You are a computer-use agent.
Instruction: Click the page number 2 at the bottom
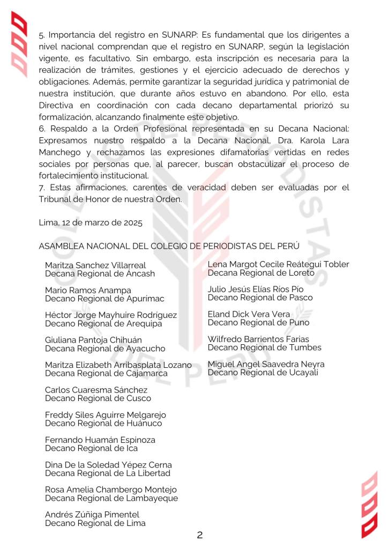coord(199,535)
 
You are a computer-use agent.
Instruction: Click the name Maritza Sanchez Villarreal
coord(95,265)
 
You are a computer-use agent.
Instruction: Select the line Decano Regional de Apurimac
coord(105,299)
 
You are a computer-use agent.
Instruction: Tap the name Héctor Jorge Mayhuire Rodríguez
coord(110,315)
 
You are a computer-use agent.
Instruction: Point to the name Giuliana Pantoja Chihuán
coord(93,340)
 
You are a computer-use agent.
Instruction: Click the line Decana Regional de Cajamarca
coord(106,373)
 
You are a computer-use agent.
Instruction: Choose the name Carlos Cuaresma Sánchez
coord(96,390)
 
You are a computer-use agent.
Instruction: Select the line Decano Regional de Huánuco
coord(103,423)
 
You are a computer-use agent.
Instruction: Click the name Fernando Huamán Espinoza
coord(100,440)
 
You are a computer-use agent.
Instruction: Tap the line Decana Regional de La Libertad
coord(107,473)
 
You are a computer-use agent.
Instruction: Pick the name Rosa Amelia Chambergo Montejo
coord(110,489)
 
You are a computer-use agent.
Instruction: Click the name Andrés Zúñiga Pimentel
coord(92,515)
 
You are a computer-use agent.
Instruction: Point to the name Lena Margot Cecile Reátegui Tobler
coord(278,264)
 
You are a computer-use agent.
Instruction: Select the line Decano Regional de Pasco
coord(260,298)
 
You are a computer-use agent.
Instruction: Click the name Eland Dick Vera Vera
coord(249,314)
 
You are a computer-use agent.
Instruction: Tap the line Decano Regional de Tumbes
coord(264,347)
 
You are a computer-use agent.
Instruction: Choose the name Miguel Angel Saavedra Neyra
coord(266,364)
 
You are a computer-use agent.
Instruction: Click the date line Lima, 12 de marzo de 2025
coord(91,222)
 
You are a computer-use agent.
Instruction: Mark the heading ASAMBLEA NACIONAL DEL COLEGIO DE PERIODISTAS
coord(169,246)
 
